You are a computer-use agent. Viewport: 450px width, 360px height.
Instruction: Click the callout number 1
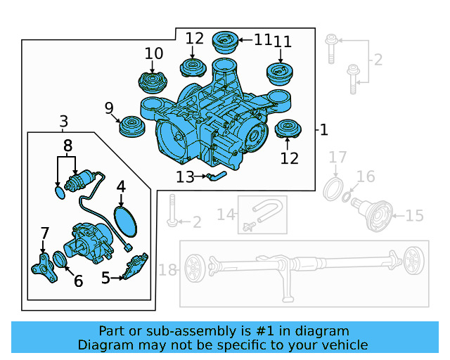pos(323,130)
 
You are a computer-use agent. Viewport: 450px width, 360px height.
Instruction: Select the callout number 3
pos(64,121)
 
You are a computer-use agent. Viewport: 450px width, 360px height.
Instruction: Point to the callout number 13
pos(185,178)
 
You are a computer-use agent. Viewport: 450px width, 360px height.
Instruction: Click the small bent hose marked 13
pos(216,175)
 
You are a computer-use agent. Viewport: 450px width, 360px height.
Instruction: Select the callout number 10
pos(153,53)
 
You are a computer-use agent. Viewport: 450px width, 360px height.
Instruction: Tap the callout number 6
pos(78,281)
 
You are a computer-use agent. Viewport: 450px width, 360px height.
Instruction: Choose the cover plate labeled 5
pos(134,267)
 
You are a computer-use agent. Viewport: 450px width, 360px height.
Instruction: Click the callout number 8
pos(67,146)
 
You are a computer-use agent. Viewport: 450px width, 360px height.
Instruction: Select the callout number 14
pos(225,214)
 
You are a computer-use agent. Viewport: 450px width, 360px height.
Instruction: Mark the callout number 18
pos(167,269)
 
